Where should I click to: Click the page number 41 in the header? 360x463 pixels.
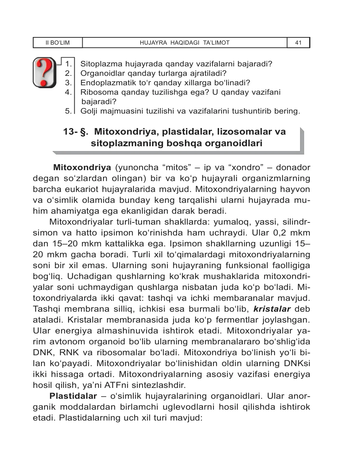tap(298, 43)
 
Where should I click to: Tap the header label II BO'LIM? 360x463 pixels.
tap(58, 43)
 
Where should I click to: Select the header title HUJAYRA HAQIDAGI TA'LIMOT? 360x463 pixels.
tap(185, 43)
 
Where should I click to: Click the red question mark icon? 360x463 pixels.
tap(44, 72)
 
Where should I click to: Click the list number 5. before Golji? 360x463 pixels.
tap(69, 111)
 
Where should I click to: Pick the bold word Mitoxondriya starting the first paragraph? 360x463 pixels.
tap(82, 168)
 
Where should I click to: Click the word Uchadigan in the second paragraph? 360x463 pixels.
tap(87, 276)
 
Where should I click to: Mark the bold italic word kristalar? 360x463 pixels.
tap(272, 309)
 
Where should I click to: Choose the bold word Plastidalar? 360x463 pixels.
tap(73, 396)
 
